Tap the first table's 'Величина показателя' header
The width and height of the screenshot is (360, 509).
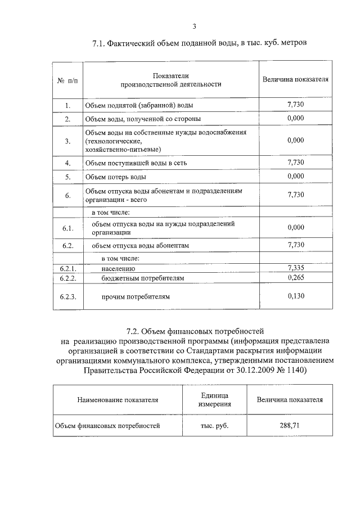pyautogui.click(x=295, y=79)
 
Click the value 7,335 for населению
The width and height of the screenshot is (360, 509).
pyautogui.click(x=295, y=268)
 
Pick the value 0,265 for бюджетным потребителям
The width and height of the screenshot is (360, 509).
pyautogui.click(x=295, y=278)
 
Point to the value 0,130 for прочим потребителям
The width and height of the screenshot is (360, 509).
pyautogui.click(x=295, y=296)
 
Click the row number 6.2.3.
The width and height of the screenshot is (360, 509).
pyautogui.click(x=67, y=296)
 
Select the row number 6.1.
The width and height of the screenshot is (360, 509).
pyautogui.click(x=67, y=228)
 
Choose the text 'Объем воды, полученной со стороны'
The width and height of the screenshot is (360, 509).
pyautogui.click(x=142, y=119)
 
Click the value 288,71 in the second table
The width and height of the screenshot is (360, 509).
pyautogui.click(x=290, y=426)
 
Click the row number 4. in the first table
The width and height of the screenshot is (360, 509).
pyautogui.click(x=67, y=163)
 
